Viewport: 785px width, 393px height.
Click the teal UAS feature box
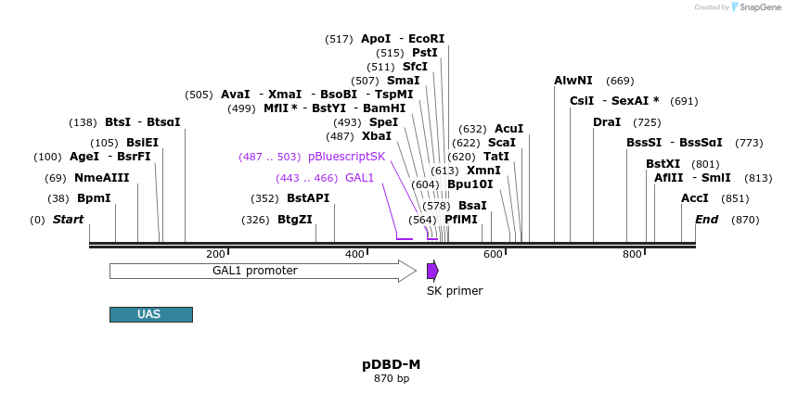(x=150, y=314)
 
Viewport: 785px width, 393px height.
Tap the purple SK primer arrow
(x=432, y=271)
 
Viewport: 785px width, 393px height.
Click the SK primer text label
(x=455, y=291)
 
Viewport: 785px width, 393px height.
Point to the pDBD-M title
(x=391, y=364)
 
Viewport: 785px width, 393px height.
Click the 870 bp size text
(x=391, y=378)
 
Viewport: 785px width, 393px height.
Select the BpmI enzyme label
(x=94, y=198)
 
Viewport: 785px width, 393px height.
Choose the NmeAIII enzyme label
(x=102, y=178)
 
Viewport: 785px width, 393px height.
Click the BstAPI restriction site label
(x=308, y=198)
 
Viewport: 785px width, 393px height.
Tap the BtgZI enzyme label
(x=295, y=220)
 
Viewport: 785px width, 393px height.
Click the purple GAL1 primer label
(x=359, y=178)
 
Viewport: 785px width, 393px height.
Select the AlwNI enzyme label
(x=573, y=81)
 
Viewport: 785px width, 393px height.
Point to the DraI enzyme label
(x=607, y=122)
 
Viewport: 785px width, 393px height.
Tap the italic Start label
(x=68, y=220)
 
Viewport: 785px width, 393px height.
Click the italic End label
(x=706, y=220)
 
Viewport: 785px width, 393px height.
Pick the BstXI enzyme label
(x=663, y=164)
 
